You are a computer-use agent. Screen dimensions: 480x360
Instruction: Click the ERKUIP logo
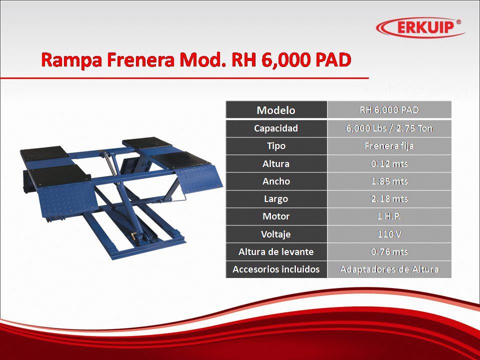[420, 27]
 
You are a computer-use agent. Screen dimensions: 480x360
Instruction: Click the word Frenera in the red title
[140, 59]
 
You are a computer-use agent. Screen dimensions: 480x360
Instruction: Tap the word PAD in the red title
[333, 59]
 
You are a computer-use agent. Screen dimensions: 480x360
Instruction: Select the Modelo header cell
[276, 109]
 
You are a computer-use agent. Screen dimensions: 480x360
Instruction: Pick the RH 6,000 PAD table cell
[389, 109]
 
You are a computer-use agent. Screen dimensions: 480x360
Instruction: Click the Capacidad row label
[276, 128]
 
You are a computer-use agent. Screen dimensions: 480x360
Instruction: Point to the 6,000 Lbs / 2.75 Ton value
[389, 128]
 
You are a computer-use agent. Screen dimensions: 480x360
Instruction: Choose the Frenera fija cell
[389, 146]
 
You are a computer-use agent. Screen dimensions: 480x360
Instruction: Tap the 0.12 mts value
[389, 164]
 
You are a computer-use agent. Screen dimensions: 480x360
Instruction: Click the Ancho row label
[276, 181]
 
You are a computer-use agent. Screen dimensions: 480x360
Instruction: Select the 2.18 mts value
[389, 199]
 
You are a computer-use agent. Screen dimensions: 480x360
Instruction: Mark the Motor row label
[276, 216]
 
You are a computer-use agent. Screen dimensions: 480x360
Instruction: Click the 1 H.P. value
[389, 216]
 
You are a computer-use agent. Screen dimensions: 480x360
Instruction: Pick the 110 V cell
[389, 234]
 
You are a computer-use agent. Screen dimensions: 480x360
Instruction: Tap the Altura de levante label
[276, 251]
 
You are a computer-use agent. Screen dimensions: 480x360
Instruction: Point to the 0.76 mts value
[389, 251]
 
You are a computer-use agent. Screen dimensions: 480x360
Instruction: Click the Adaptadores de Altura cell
[389, 269]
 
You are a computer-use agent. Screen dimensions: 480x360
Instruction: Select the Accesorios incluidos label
[276, 269]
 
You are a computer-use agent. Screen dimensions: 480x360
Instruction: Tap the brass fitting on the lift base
[134, 236]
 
